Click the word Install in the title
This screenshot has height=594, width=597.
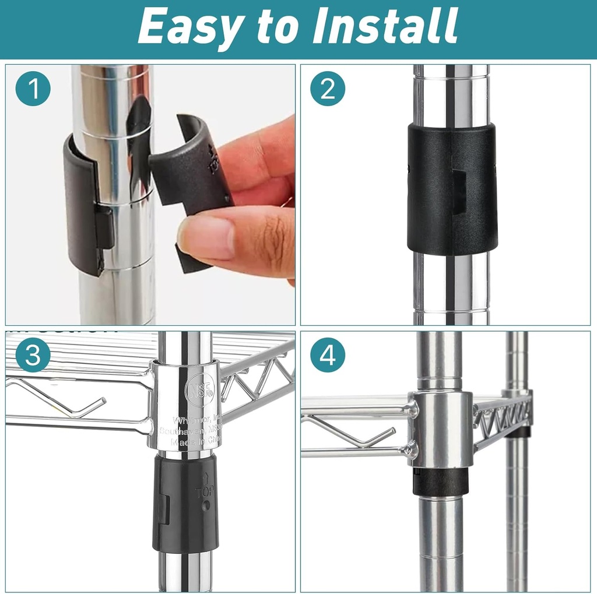tap(385, 26)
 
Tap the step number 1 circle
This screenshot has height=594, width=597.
tap(33, 89)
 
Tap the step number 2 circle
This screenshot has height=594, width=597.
tap(328, 89)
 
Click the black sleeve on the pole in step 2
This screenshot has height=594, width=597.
tap(452, 189)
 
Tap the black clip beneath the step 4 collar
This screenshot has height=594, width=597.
tap(441, 481)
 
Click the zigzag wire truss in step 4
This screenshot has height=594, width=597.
tap(501, 417)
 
